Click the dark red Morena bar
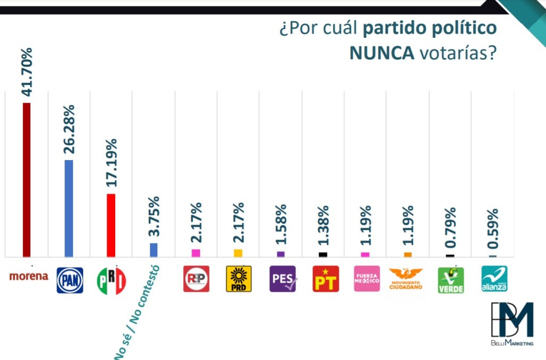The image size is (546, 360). (x=26, y=180)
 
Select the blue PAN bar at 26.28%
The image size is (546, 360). (x=69, y=209)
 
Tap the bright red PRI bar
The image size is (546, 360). (x=111, y=225)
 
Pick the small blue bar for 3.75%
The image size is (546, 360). (x=154, y=250)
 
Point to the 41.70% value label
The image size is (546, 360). (x=27, y=72)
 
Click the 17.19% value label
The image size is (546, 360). (x=111, y=162)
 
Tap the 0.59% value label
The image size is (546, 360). (x=493, y=229)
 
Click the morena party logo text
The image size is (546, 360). (x=29, y=276)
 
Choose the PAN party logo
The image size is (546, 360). (x=70, y=280)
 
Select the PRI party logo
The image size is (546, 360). (x=111, y=280)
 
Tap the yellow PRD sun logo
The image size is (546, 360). (x=238, y=279)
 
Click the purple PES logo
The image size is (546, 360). (x=283, y=279)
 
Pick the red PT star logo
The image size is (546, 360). (x=325, y=279)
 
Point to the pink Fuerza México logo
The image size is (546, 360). (x=367, y=279)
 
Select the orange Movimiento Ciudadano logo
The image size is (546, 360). (x=406, y=278)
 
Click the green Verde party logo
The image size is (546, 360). (x=451, y=279)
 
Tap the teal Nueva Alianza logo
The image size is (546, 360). (x=494, y=279)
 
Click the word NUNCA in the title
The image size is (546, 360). (x=381, y=53)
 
